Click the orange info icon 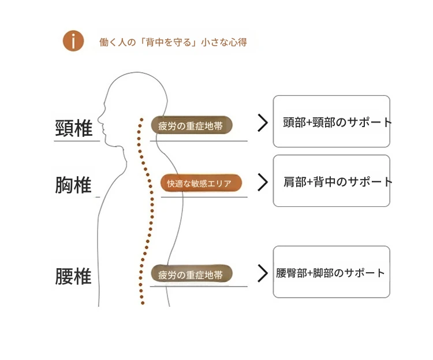pyautogui.click(x=73, y=41)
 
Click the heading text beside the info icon pyautogui.click(x=173, y=42)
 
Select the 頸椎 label pyautogui.click(x=74, y=129)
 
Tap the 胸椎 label pyautogui.click(x=74, y=185)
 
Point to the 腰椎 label pyautogui.click(x=74, y=276)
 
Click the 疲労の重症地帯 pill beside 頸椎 pyautogui.click(x=192, y=125)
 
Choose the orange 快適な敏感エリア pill pyautogui.click(x=201, y=183)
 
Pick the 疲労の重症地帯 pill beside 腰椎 pyautogui.click(x=192, y=274)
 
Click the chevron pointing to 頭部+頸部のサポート pyautogui.click(x=263, y=123)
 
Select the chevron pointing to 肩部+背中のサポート pyautogui.click(x=263, y=182)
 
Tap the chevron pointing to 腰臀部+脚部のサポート pyautogui.click(x=263, y=273)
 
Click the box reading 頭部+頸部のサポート pyautogui.click(x=331, y=121)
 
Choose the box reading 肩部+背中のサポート pyautogui.click(x=331, y=181)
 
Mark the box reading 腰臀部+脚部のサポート pyautogui.click(x=331, y=272)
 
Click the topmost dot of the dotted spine pyautogui.click(x=140, y=120)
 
